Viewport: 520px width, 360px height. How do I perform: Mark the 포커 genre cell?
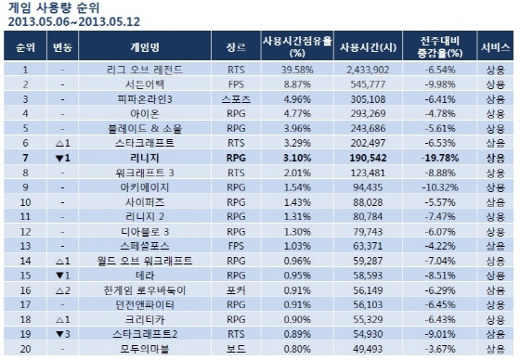237,289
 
